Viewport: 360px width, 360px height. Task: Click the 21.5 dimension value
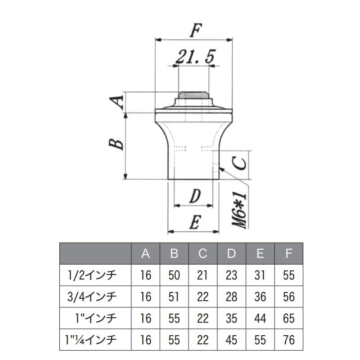tap(195, 57)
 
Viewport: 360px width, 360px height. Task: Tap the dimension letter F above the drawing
tap(196, 30)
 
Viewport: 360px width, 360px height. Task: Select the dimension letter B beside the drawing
tap(116, 144)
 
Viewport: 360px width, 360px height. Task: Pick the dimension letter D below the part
tap(195, 196)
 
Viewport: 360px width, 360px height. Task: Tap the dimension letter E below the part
tap(195, 222)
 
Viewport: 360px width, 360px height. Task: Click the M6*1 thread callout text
tap(239, 211)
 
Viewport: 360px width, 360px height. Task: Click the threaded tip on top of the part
tap(194, 95)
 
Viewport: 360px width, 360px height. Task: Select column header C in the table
tap(203, 254)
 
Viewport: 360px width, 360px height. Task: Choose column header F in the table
tap(288, 254)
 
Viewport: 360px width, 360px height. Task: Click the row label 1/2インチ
tap(92, 275)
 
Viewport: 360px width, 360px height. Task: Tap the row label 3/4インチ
tap(92, 297)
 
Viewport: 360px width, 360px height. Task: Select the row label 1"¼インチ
tap(91, 340)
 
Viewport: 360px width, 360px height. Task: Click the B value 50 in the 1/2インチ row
tap(174, 275)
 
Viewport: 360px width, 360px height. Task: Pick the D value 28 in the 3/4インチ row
tap(231, 297)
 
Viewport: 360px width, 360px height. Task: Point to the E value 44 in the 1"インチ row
tap(260, 319)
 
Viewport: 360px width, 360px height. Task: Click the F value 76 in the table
tap(289, 340)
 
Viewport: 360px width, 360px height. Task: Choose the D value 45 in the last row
tap(231, 340)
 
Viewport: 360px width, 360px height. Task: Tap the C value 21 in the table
tap(202, 275)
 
